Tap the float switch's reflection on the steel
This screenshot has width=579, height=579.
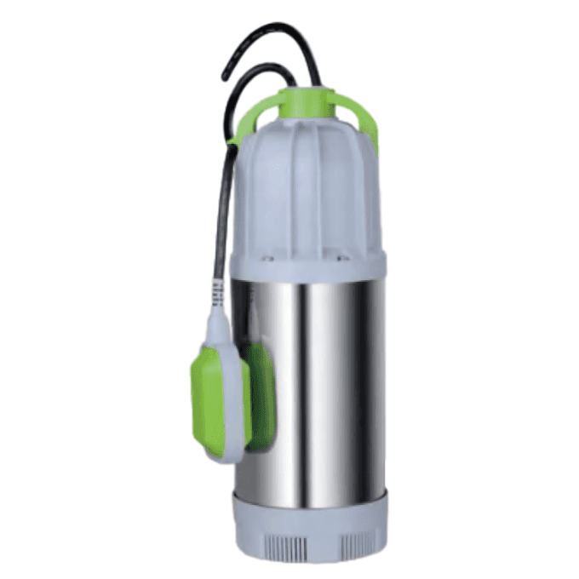click(259, 392)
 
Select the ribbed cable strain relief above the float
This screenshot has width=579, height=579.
click(218, 294)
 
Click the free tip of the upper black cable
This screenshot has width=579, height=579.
click(226, 77)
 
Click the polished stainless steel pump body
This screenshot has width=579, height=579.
click(324, 383)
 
